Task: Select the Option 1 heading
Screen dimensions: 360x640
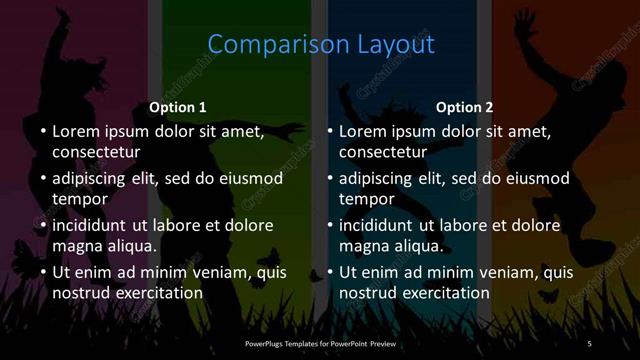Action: (178, 107)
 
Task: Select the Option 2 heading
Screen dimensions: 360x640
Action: (465, 107)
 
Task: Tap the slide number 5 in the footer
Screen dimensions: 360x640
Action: (589, 344)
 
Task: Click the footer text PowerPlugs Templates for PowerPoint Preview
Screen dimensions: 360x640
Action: (319, 344)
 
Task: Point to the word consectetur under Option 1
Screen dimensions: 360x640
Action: (96, 152)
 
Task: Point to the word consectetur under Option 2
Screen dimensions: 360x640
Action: (383, 152)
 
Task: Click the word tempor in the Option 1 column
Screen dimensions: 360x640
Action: (79, 199)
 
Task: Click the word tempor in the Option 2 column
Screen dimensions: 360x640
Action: (366, 199)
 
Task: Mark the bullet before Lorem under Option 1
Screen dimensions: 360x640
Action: (42, 131)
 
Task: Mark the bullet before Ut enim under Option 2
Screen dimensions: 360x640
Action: (329, 272)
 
